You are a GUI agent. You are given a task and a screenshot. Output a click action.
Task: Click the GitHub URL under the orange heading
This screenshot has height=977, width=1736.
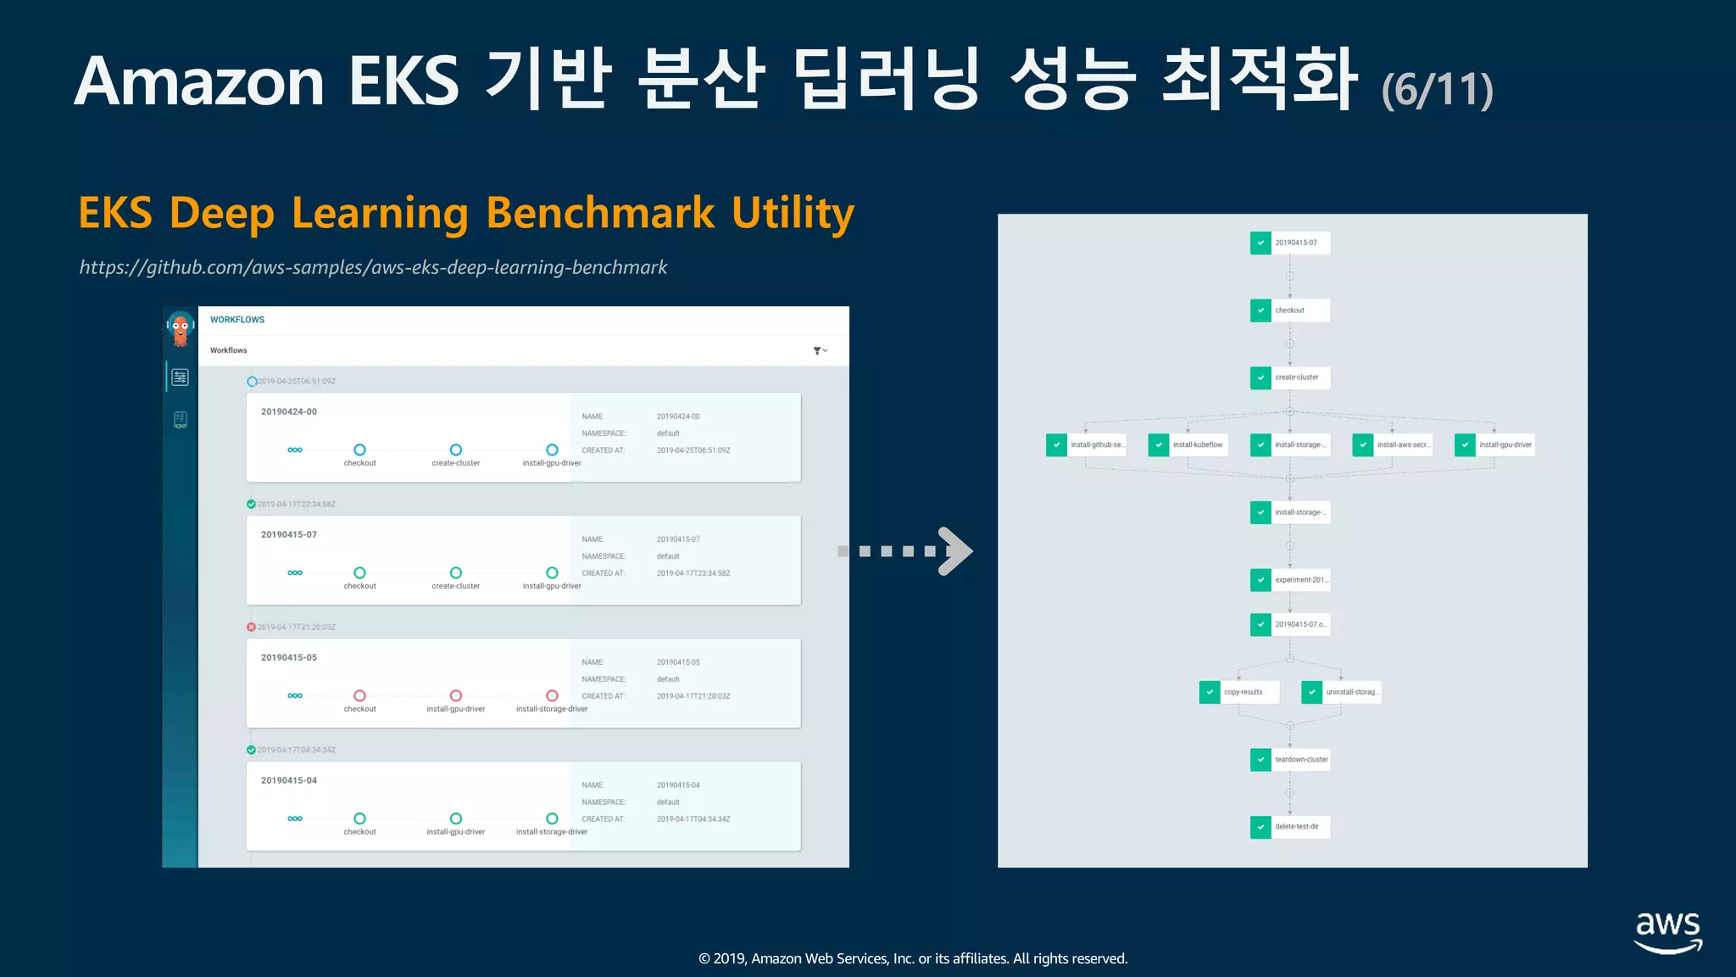tap(373, 267)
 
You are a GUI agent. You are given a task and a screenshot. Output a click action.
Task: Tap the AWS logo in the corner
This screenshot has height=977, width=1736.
tap(1667, 932)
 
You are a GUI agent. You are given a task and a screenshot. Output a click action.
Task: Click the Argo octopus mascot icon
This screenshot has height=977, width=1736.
tap(180, 328)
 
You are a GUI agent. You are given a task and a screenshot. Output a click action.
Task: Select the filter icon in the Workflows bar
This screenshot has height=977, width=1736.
tap(819, 350)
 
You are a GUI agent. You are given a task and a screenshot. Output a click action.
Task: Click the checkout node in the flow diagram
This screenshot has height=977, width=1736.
tap(1289, 310)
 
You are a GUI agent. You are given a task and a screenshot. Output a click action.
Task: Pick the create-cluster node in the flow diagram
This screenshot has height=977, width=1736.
tap(1289, 377)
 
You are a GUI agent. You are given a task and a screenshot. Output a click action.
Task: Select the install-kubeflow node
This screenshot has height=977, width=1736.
tap(1188, 445)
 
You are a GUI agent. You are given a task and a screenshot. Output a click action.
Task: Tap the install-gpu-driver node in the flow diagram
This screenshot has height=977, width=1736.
tap(1494, 445)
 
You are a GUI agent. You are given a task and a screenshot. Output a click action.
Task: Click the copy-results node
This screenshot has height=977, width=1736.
tap(1238, 692)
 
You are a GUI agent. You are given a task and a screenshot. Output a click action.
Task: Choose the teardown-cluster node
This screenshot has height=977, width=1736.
tap(1289, 760)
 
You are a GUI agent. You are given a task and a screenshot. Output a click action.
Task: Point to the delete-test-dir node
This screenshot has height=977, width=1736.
tap(1289, 827)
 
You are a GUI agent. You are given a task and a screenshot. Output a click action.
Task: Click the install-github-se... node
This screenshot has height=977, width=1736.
tap(1086, 445)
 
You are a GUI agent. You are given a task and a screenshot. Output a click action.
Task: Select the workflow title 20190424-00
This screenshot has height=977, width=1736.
tap(289, 412)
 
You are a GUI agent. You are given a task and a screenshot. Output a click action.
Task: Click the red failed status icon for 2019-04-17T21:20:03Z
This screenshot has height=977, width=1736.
tap(251, 628)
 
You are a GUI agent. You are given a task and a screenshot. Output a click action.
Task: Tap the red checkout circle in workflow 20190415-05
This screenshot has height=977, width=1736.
tap(360, 695)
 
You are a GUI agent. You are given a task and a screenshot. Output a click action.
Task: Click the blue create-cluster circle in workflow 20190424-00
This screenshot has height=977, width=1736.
tap(456, 449)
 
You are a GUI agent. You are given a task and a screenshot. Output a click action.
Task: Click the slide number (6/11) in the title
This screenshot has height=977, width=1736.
tap(1437, 90)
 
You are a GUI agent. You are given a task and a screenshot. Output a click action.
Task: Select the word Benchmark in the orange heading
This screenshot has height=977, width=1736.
tap(600, 213)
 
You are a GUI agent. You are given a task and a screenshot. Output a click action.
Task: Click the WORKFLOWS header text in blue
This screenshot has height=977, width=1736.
tap(237, 320)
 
